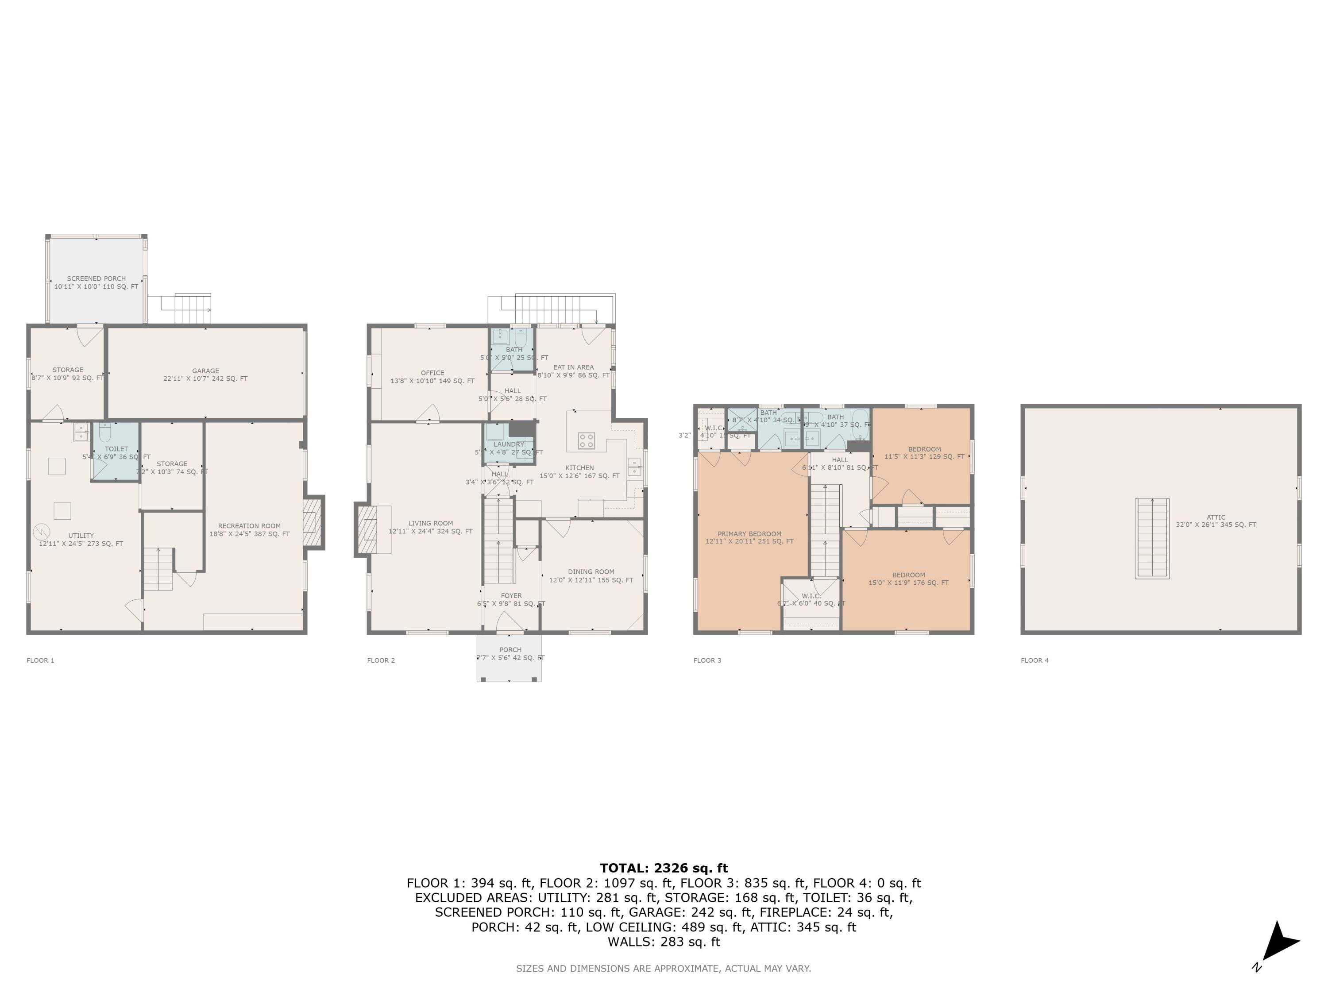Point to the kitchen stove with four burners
(587, 440)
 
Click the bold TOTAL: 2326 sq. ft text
(664, 868)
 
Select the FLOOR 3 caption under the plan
(707, 660)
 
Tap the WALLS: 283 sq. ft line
(664, 942)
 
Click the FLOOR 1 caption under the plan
(40, 660)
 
